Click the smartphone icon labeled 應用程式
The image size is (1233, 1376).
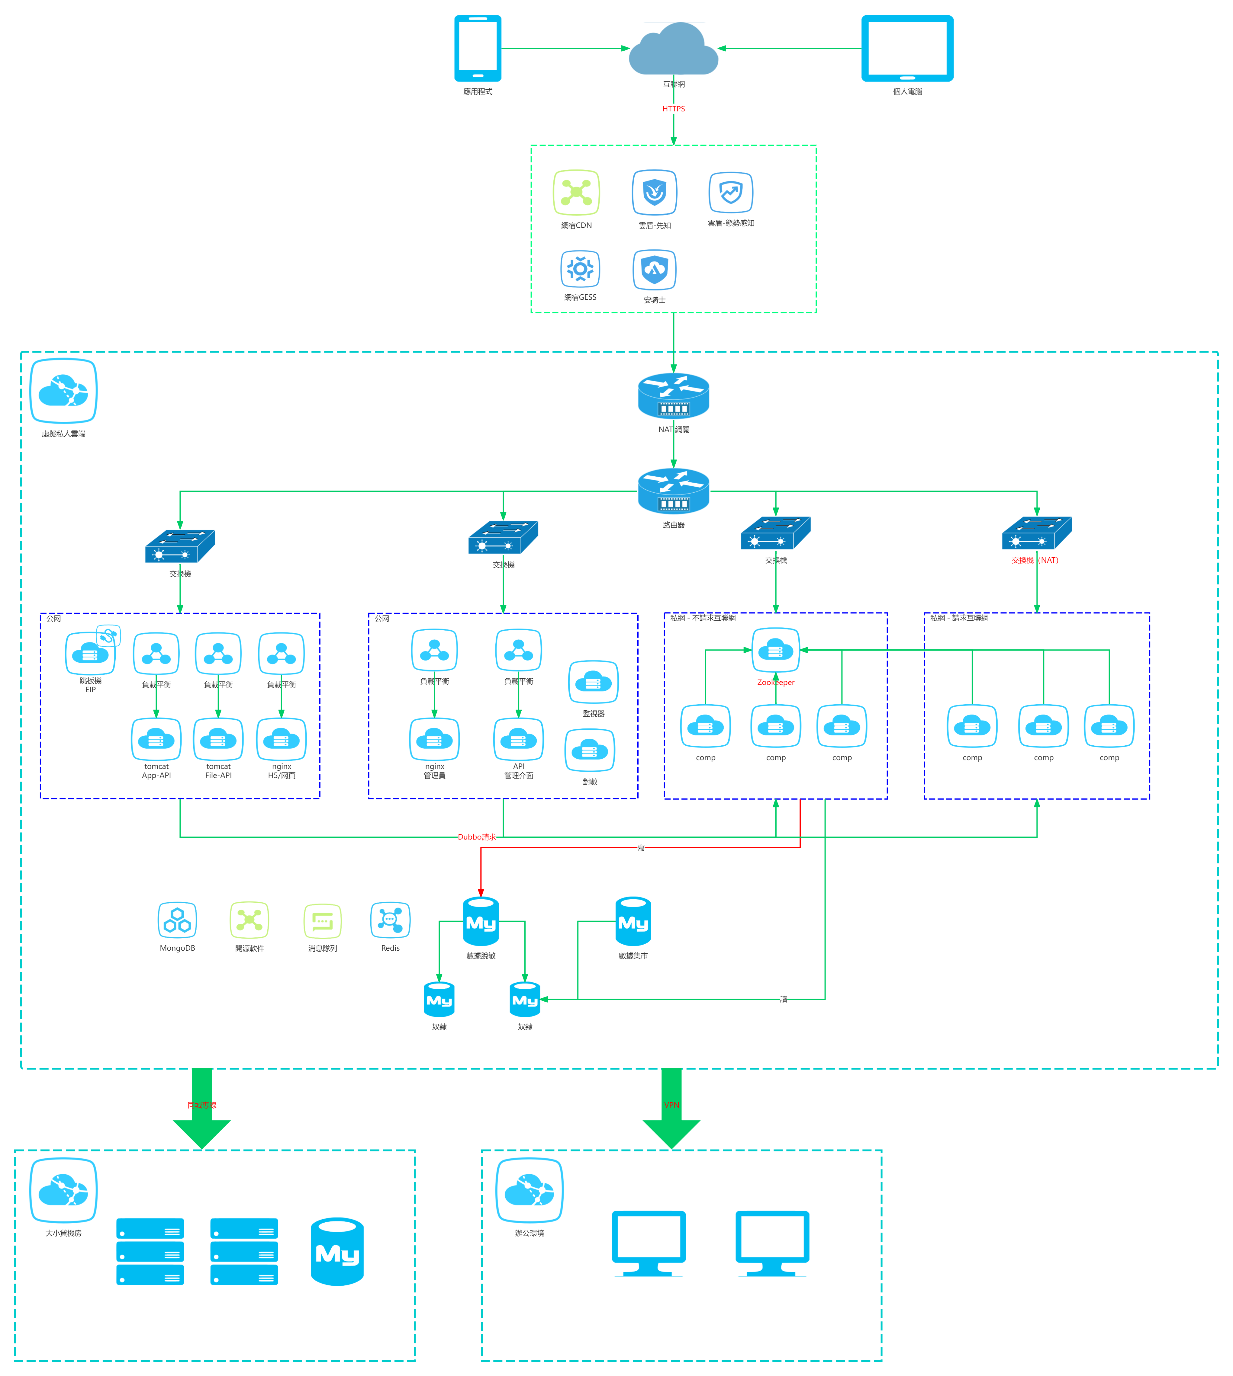pyautogui.click(x=478, y=48)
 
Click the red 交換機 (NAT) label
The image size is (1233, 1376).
pyautogui.click(x=1035, y=560)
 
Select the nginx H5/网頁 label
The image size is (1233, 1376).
pyautogui.click(x=282, y=771)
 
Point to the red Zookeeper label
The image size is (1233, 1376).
pyautogui.click(x=776, y=683)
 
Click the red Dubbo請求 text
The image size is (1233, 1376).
pyautogui.click(x=477, y=837)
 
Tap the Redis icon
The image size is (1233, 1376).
pyautogui.click(x=390, y=920)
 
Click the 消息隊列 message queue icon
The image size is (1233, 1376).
pyautogui.click(x=323, y=921)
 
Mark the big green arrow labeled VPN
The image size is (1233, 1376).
pyautogui.click(x=671, y=1108)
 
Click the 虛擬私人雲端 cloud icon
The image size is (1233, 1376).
pyautogui.click(x=64, y=392)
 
